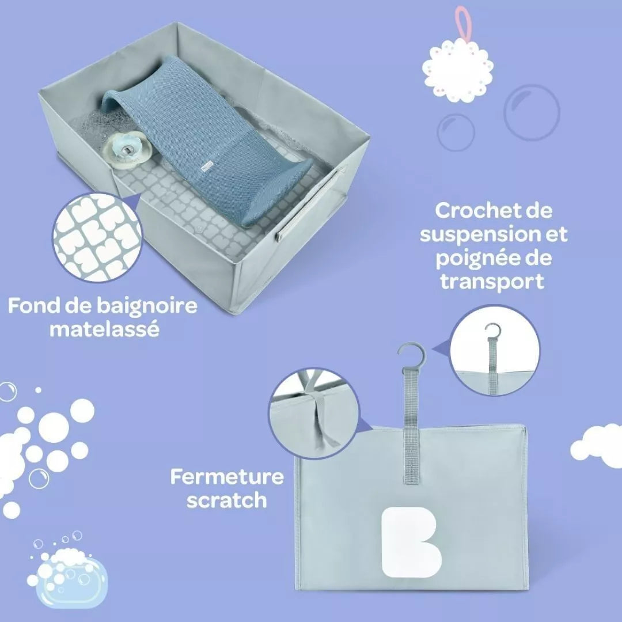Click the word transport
click(x=492, y=282)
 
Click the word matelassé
click(x=104, y=329)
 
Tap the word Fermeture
click(x=227, y=476)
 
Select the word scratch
click(x=227, y=500)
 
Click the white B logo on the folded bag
click(x=411, y=543)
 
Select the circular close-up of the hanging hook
click(x=495, y=350)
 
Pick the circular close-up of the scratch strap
click(x=313, y=413)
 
